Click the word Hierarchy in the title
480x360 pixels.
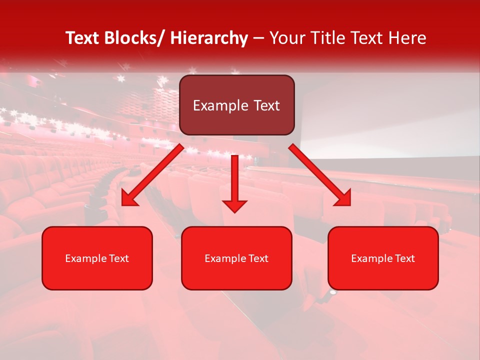(x=209, y=38)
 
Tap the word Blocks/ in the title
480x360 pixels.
(x=132, y=38)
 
